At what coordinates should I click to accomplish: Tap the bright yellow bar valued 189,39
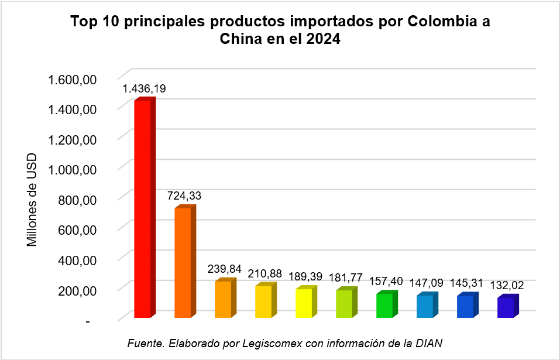pos(304,303)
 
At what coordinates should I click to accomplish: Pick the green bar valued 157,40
pos(384,306)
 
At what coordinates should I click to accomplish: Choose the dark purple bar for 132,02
pos(506,308)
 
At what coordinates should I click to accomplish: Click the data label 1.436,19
pos(143,89)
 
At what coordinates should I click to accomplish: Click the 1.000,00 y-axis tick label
pos(70,169)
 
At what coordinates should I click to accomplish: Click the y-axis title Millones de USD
pos(32,200)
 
